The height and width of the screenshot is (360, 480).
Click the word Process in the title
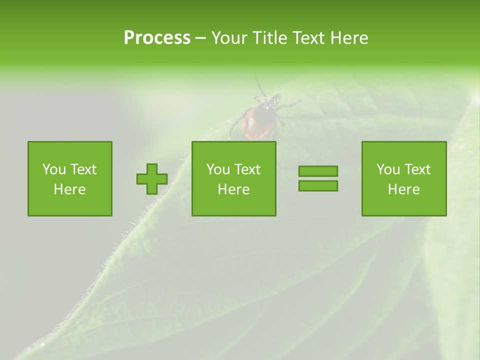(157, 38)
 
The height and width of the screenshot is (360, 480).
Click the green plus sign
(152, 179)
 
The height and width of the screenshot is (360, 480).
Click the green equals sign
(318, 178)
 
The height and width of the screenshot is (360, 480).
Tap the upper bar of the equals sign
(318, 171)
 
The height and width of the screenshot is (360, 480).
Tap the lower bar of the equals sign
(318, 185)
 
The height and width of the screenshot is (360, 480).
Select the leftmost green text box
(70, 178)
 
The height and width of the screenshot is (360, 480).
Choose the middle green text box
(233, 178)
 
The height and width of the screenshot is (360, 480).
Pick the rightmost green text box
(403, 178)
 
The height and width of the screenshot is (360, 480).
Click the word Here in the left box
(69, 189)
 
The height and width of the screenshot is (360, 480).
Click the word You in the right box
(388, 169)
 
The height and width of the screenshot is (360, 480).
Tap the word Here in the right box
(403, 189)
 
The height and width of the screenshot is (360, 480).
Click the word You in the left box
(54, 169)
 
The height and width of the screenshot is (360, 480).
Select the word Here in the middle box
(233, 189)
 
